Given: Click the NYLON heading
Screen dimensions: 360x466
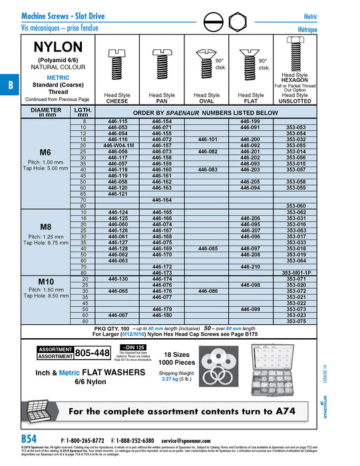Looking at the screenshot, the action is [x=59, y=47].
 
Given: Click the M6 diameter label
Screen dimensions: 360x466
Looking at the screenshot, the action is [x=45, y=152].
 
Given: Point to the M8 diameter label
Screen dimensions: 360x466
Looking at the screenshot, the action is [x=45, y=226].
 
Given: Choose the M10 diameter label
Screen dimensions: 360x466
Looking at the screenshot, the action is [x=45, y=281].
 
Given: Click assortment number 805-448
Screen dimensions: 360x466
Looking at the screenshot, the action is [x=92, y=352].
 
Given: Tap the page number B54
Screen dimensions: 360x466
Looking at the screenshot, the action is [x=30, y=439].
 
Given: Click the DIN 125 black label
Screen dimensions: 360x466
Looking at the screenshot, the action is [x=130, y=347].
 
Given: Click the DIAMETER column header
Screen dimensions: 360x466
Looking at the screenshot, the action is [x=46, y=111].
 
